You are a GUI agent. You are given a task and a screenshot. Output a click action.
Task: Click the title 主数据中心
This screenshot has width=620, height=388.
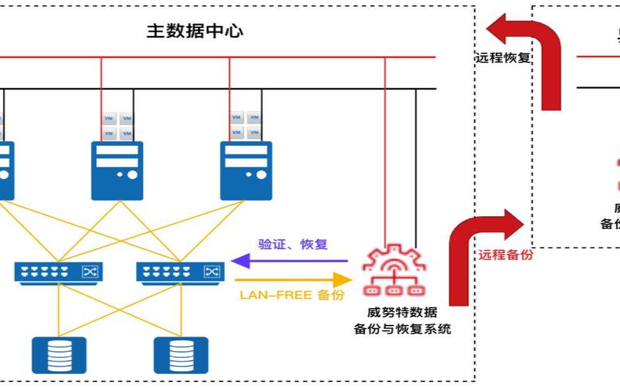pyautogui.click(x=195, y=31)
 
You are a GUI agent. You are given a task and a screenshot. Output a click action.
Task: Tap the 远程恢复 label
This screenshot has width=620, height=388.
pyautogui.click(x=503, y=58)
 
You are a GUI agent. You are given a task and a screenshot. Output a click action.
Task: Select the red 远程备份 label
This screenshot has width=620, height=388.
pyautogui.click(x=506, y=255)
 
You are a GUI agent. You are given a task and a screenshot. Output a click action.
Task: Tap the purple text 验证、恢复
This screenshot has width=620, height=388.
pyautogui.click(x=293, y=245)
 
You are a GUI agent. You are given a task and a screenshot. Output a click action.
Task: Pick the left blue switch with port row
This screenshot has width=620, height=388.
pyautogui.click(x=59, y=271)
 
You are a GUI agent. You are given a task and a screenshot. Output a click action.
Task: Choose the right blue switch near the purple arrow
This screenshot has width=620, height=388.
pyautogui.click(x=180, y=271)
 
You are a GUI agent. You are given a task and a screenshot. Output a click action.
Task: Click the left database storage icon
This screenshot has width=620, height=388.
pyautogui.click(x=59, y=355)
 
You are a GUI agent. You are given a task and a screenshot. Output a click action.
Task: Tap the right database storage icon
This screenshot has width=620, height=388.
pyautogui.click(x=181, y=355)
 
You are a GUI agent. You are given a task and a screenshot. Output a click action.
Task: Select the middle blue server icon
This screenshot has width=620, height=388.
pyautogui.click(x=117, y=171)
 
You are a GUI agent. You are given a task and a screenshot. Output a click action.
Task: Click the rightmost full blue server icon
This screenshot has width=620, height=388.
pyautogui.click(x=246, y=171)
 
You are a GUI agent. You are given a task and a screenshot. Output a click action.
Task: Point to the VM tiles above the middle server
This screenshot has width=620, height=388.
pyautogui.click(x=118, y=126)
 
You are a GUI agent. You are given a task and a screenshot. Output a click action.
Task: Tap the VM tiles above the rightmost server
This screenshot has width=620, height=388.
pyautogui.click(x=246, y=126)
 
